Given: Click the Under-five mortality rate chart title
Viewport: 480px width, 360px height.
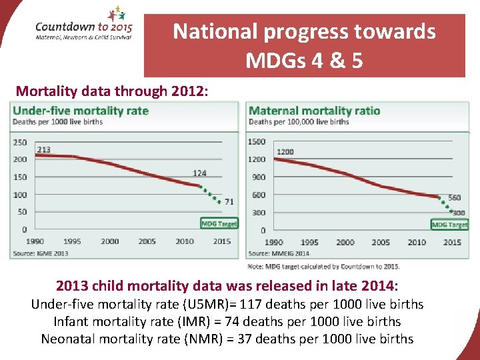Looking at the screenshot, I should [81, 111].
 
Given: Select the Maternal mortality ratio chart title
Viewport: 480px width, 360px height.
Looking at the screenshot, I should [314, 111].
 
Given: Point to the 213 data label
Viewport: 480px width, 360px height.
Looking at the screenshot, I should [43, 149].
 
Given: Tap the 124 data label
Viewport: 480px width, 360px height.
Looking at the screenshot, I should [199, 173].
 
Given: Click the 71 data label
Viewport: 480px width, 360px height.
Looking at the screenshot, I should [229, 201].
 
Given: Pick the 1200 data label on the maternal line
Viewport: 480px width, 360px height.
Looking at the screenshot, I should [285, 152].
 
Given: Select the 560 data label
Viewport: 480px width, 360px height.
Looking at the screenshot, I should [454, 198].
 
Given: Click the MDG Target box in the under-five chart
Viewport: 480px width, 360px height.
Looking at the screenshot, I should [219, 223].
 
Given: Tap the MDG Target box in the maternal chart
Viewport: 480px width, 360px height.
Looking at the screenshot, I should [449, 225].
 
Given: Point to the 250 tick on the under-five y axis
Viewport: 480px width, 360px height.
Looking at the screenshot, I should [20, 142].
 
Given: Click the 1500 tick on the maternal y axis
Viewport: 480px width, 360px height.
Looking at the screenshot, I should [257, 141].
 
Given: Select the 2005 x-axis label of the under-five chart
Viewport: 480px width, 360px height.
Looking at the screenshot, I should [147, 241].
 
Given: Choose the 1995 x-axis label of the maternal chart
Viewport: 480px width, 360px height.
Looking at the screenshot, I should [309, 242].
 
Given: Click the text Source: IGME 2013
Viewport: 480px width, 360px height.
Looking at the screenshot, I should [41, 253].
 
